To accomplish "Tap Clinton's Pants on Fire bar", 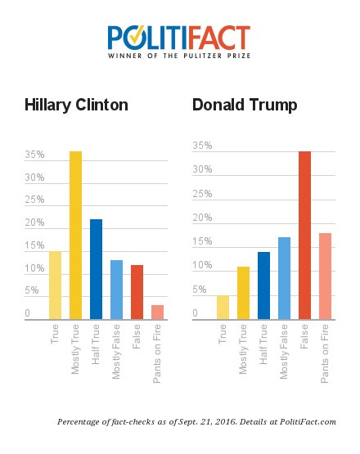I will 158,312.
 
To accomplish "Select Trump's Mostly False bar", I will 285,278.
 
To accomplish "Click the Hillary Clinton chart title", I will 76,106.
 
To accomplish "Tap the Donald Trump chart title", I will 245,106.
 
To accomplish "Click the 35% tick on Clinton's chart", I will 34,155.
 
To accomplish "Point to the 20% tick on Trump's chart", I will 201,218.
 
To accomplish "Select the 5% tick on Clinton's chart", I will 32,291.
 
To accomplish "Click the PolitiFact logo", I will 179,38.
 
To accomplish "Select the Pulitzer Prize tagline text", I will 179,58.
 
